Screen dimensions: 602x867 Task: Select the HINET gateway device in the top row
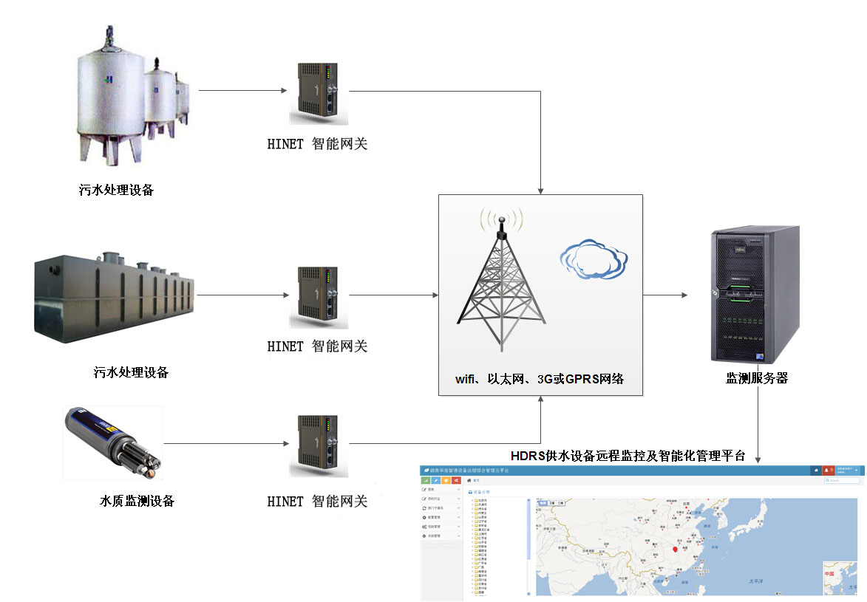(x=319, y=92)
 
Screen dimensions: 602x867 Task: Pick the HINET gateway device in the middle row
(x=319, y=296)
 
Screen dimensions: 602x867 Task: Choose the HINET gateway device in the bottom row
(x=319, y=445)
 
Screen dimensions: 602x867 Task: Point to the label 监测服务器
(x=757, y=378)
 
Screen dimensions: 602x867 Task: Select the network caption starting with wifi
(x=540, y=379)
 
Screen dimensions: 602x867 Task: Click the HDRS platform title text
(x=628, y=455)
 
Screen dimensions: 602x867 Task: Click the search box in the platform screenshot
(x=843, y=481)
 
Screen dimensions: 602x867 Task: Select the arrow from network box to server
(x=665, y=295)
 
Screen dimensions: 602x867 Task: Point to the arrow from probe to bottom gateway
(x=225, y=444)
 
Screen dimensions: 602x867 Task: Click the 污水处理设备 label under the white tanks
(x=117, y=190)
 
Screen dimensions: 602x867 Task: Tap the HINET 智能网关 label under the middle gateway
(x=317, y=346)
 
